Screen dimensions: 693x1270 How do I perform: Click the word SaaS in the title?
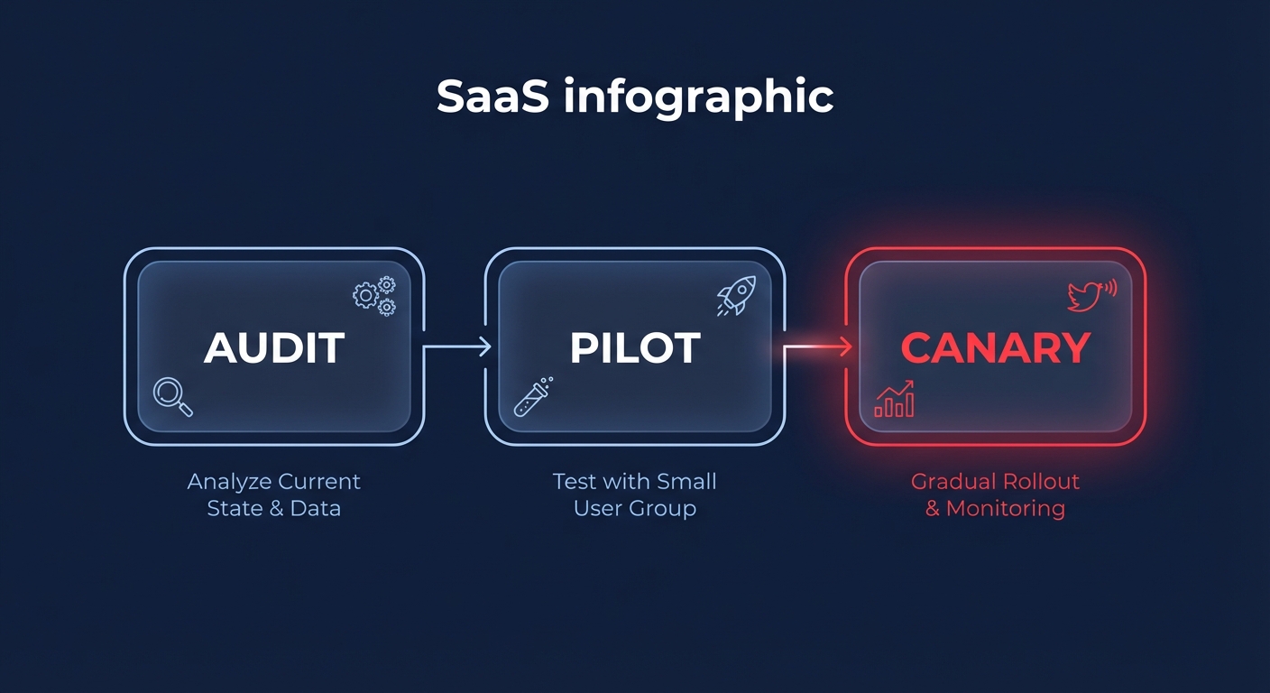coord(492,97)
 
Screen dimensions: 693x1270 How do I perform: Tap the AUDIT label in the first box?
coord(274,348)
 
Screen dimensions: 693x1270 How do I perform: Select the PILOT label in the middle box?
coord(635,348)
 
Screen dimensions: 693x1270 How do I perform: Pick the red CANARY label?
coord(996,348)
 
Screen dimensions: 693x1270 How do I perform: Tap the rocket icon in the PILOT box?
coord(736,295)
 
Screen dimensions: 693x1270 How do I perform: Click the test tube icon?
coord(533,397)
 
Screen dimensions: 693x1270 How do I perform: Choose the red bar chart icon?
coord(894,399)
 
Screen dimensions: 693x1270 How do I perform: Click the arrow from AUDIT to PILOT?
coord(457,346)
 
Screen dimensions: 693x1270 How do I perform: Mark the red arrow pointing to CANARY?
coord(818,346)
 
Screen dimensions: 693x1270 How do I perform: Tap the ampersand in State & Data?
coord(274,508)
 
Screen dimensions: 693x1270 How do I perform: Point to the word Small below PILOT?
coord(686,482)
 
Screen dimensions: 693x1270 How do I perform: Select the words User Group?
coord(635,508)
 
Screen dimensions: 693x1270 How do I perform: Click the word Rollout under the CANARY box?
coord(1038,482)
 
